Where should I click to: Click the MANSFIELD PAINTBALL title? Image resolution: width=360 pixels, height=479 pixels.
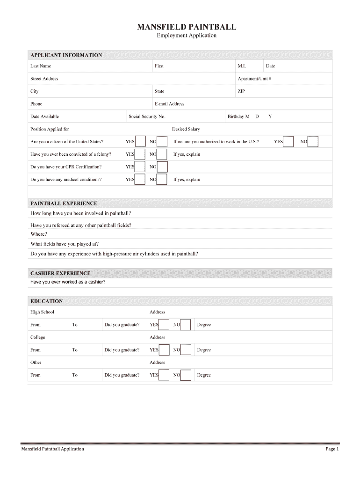pos(187,27)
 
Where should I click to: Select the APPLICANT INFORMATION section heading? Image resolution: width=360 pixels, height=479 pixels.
pos(66,55)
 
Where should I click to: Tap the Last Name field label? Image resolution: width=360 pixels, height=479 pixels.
pos(41,66)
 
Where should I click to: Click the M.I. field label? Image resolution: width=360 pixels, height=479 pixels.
pos(242,66)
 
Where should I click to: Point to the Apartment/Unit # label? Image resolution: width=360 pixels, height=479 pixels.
pos(254,79)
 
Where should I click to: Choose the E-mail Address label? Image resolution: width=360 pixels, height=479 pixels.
pos(169,104)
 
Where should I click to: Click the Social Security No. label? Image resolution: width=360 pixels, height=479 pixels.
pos(147,116)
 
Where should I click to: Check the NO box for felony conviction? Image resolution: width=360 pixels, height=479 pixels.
pos(162,154)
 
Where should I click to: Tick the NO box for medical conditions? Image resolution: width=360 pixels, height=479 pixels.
pos(162,179)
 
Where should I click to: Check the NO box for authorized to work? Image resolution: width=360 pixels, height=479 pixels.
pos(313,141)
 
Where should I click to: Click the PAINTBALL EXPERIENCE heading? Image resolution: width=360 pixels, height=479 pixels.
pos(64,203)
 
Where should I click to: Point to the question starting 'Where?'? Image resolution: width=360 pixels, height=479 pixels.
pos(39,234)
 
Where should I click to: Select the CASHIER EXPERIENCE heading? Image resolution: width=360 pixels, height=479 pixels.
pos(60,273)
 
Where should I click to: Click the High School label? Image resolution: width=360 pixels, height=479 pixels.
pos(42,312)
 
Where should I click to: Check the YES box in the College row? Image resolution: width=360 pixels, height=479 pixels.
pos(164,350)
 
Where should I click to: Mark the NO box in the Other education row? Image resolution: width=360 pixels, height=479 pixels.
pos(186,375)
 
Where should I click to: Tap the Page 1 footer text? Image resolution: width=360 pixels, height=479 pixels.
pos(332,449)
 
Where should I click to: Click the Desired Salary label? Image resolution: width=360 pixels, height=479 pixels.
pos(186,129)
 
